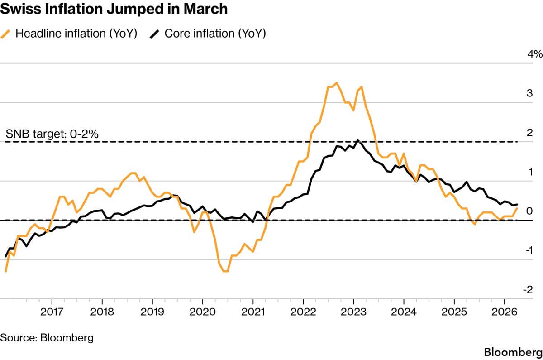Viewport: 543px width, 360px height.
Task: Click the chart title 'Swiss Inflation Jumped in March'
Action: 114,10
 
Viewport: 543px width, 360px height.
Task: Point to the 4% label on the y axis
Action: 534,54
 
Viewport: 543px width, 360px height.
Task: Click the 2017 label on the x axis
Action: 52,312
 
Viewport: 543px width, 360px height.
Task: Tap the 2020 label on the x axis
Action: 202,312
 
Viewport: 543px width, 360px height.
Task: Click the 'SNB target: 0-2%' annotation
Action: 52,134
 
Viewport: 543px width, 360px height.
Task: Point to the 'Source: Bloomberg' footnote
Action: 47,337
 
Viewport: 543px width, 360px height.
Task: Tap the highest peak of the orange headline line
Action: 336,83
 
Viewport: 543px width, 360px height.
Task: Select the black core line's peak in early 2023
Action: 357,140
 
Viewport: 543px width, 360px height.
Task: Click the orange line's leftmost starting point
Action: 6,271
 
